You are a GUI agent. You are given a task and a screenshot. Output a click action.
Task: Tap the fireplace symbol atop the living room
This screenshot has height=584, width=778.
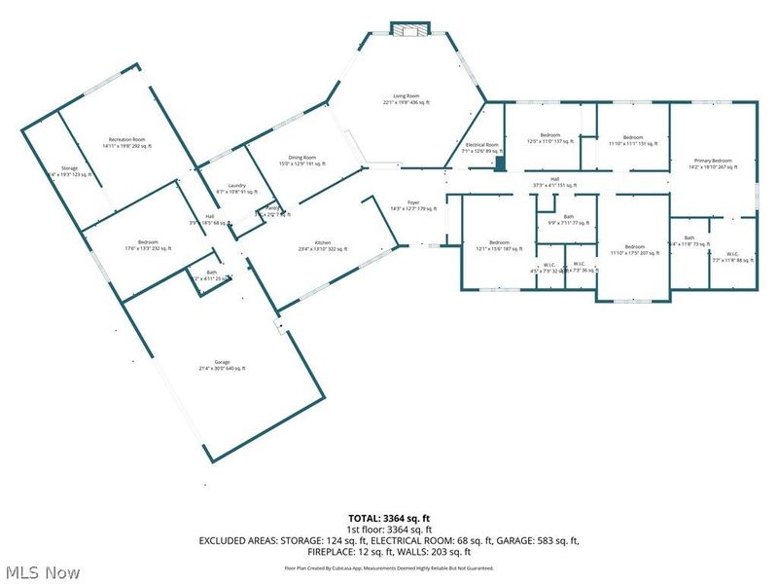click(x=408, y=30)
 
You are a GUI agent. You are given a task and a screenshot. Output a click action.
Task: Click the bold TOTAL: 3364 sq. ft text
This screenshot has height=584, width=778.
click(x=388, y=518)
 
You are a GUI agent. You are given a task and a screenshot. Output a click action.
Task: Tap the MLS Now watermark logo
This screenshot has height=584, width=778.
click(x=43, y=572)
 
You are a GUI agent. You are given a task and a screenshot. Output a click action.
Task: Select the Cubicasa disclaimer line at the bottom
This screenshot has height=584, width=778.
click(x=388, y=566)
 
